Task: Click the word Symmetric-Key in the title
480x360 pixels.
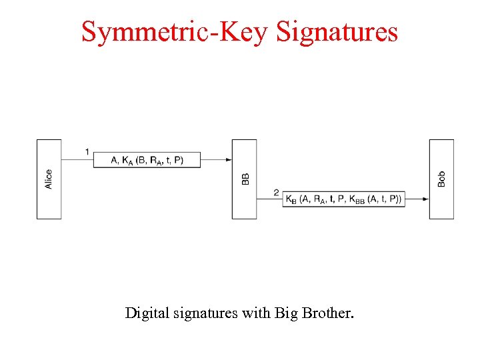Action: pos(175,31)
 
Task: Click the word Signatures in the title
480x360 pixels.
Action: pos(337,31)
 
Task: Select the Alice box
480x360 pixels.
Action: pos(49,179)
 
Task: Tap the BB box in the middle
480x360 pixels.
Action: pos(244,179)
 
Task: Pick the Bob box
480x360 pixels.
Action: pos(441,179)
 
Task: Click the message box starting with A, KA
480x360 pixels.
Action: pos(147,160)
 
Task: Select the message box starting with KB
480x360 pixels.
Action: pos(344,199)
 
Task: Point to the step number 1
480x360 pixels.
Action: pos(87,152)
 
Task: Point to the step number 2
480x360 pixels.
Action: pos(276,193)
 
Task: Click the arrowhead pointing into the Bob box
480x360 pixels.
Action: pos(425,199)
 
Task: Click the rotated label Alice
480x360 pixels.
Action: pos(49,179)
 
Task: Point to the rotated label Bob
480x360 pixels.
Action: pos(441,179)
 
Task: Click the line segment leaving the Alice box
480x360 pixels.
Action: pos(77,160)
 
